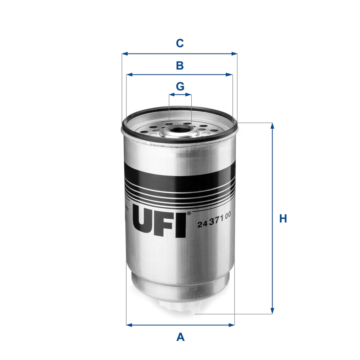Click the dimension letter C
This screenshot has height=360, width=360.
pyautogui.click(x=180, y=43)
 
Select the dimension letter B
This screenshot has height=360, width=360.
pyautogui.click(x=180, y=65)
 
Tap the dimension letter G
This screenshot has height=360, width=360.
pyautogui.click(x=180, y=86)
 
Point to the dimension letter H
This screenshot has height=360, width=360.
pyautogui.click(x=283, y=218)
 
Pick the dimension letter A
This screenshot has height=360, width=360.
pyautogui.click(x=180, y=337)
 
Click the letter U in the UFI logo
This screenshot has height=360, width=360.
pyautogui.click(x=144, y=222)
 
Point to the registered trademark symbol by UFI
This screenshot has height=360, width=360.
pyautogui.click(x=189, y=213)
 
